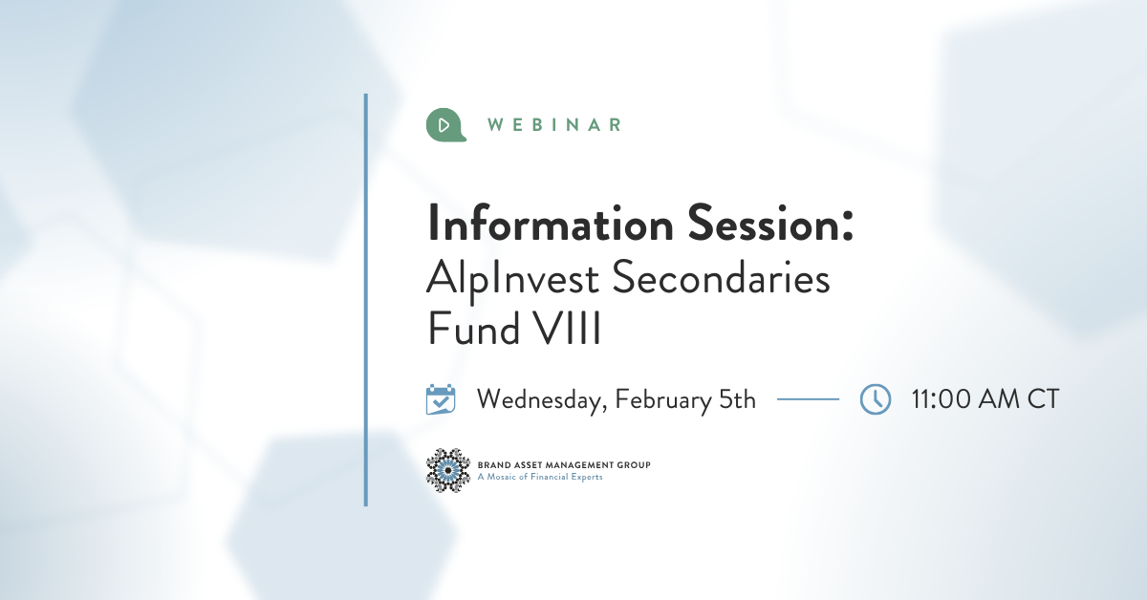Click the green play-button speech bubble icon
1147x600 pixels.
[x=445, y=125]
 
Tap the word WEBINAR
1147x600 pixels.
[x=554, y=125]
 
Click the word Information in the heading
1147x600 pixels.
[x=551, y=223]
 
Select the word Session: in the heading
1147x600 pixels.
[x=770, y=223]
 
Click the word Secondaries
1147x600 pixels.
[x=721, y=277]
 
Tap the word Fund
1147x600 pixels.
[x=474, y=328]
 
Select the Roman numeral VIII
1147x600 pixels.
[x=566, y=328]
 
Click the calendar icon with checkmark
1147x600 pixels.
[x=441, y=398]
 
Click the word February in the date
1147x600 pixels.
[x=663, y=400]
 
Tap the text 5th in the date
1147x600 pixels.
[x=737, y=398]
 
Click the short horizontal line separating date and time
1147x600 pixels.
[x=808, y=398]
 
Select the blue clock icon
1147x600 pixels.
[x=876, y=398]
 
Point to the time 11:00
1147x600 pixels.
[x=941, y=398]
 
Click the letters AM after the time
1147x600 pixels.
[x=999, y=398]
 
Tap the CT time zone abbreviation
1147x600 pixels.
[x=1043, y=398]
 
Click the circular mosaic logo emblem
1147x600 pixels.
[x=448, y=470]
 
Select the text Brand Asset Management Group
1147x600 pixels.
[x=564, y=465]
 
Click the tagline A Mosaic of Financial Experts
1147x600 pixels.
[x=540, y=477]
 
